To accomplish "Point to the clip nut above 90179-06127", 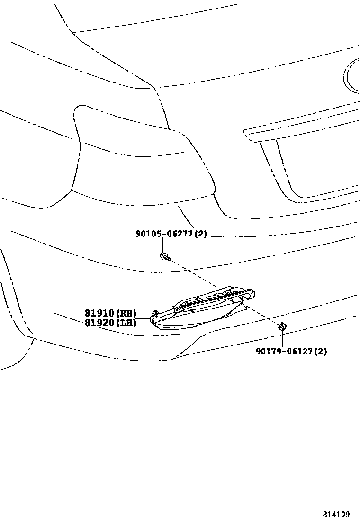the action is [x=282, y=327].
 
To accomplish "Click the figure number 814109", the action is [x=336, y=514].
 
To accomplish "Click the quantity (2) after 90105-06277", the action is [x=201, y=234].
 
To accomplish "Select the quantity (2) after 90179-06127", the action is [x=321, y=351].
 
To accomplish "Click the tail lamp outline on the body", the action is [x=137, y=156].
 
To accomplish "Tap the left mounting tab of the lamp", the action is [x=154, y=314].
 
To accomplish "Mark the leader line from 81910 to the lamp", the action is [x=143, y=318].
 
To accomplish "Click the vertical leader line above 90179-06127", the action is [x=282, y=338].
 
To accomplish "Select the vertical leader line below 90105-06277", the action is [x=163, y=245].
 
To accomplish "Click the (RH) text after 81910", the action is [x=126, y=313].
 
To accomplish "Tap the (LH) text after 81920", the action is [x=126, y=323].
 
